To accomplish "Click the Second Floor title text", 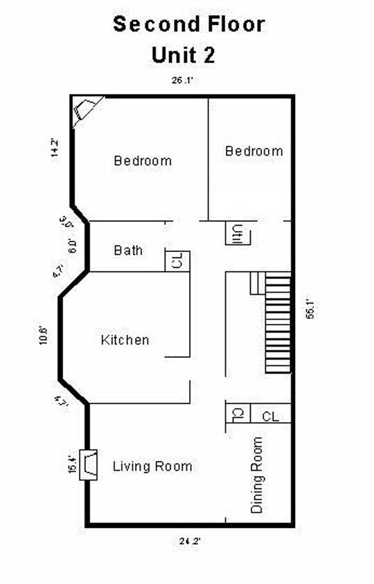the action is [189, 25].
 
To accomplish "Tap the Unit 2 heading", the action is [183, 55].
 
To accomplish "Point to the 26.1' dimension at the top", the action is [182, 80].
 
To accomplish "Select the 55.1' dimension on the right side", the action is [310, 309].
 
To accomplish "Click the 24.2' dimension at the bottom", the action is [190, 541].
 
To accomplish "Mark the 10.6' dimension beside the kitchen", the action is [44, 335].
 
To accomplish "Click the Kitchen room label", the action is [125, 340].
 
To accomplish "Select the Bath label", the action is [128, 250].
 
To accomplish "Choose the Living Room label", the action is [152, 466].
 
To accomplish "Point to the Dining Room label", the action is [257, 475].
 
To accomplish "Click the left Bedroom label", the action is [143, 161].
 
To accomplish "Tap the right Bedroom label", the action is [254, 151].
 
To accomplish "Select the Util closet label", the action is [238, 233].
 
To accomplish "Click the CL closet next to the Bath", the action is [177, 261].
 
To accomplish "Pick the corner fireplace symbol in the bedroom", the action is [85, 110].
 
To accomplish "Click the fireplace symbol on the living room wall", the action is [89, 464].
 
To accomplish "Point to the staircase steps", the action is [278, 322].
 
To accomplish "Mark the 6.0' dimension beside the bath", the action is [72, 246].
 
